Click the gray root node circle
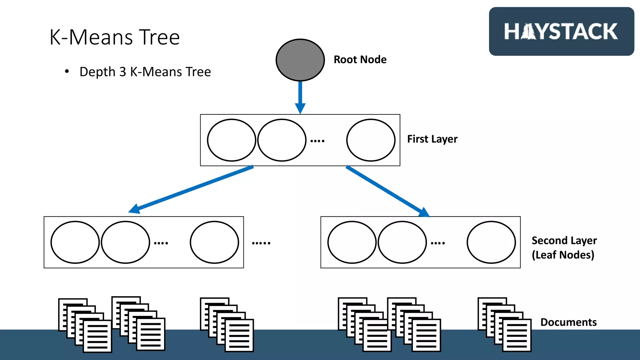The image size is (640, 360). pyautogui.click(x=300, y=60)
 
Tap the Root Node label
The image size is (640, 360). pyautogui.click(x=360, y=59)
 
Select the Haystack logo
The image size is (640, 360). pyautogui.click(x=561, y=32)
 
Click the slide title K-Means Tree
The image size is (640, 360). pyautogui.click(x=114, y=37)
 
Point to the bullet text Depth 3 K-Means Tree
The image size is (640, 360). pyautogui.click(x=145, y=72)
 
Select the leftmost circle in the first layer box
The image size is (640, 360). pyautogui.click(x=232, y=140)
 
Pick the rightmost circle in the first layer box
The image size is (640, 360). pyautogui.click(x=371, y=140)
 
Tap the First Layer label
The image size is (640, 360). pyautogui.click(x=432, y=139)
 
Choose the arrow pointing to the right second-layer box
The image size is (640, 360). pyautogui.click(x=387, y=191)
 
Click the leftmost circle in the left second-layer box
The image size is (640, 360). pyautogui.click(x=75, y=242)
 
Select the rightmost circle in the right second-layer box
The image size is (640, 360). pyautogui.click(x=491, y=242)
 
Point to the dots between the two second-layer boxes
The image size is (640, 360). pyautogui.click(x=261, y=243)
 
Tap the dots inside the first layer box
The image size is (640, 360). pyautogui.click(x=317, y=141)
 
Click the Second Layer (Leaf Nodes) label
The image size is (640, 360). pyautogui.click(x=564, y=247)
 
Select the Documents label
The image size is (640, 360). pyautogui.click(x=568, y=322)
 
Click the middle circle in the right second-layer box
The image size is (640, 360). pyautogui.click(x=402, y=242)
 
